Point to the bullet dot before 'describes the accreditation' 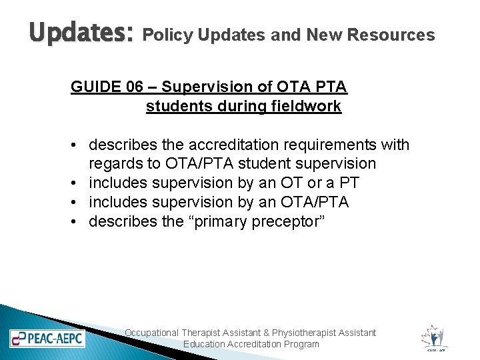tap(78, 145)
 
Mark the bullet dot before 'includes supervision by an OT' tap(78, 183)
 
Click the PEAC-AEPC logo tap(47, 338)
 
